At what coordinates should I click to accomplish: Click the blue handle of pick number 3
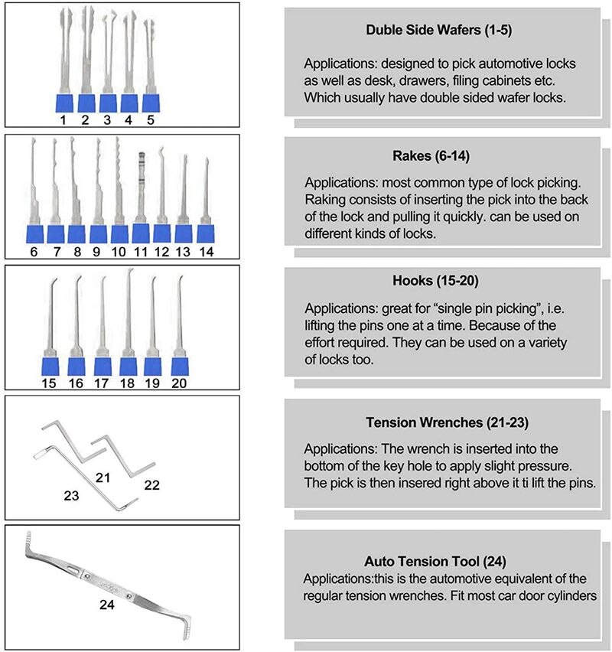point(107,103)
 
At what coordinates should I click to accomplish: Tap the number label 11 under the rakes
point(140,251)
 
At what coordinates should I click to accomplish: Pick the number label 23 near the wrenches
point(71,496)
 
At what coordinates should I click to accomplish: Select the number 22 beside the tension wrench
point(151,485)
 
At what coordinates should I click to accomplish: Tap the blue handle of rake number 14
point(205,233)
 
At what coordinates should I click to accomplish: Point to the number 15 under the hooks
point(48,384)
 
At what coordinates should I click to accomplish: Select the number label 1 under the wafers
point(63,120)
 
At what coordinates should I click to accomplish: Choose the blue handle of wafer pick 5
point(150,103)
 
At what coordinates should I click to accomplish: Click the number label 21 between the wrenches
point(103,478)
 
